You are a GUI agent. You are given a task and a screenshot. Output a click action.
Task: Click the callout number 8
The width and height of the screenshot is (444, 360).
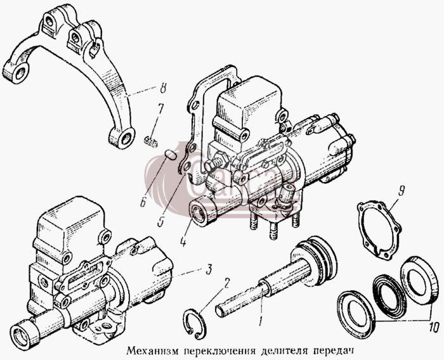click(x=162, y=89)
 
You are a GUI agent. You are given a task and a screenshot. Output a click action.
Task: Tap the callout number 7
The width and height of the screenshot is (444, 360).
click(x=161, y=109)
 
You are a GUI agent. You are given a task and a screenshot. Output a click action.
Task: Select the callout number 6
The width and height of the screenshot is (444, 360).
click(x=143, y=203)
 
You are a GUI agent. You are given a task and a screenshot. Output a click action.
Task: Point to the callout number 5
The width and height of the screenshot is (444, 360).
click(x=161, y=221)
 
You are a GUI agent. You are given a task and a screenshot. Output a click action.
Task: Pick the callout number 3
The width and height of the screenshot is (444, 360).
click(x=209, y=271)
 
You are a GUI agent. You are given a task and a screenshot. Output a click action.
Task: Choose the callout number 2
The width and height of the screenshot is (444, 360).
click(x=227, y=283)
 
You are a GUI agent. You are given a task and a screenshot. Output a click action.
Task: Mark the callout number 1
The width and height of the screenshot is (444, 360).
click(x=260, y=321)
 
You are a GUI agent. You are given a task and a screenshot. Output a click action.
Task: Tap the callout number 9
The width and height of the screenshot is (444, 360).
click(x=402, y=191)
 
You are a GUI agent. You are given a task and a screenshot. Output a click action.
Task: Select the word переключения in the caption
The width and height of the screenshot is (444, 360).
click(x=219, y=352)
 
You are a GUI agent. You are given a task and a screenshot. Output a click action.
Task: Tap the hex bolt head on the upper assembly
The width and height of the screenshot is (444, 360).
click(x=219, y=159)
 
